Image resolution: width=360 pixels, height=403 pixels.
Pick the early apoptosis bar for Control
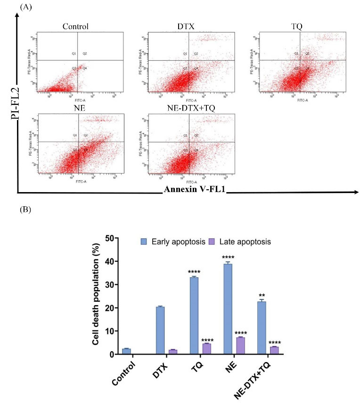[x=126, y=351]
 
